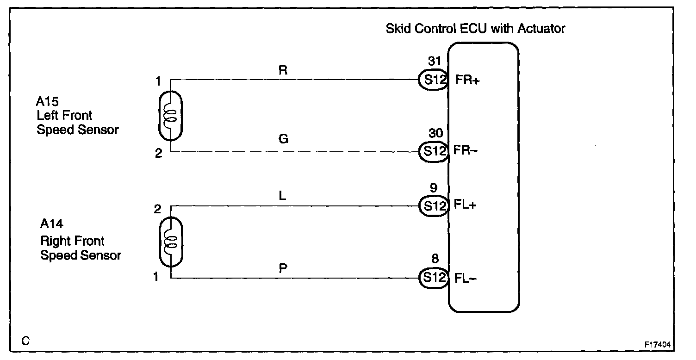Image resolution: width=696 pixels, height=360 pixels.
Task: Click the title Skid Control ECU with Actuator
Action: point(475,29)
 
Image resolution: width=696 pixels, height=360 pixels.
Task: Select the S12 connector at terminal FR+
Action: point(433,80)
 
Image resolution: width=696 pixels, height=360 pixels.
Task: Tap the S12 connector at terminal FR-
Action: point(433,151)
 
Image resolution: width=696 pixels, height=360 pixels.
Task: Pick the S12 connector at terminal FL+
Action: point(433,205)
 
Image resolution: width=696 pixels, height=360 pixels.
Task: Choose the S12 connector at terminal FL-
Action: point(433,278)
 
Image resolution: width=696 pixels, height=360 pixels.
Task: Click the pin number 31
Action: point(435,61)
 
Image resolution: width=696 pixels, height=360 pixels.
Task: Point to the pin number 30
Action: point(435,133)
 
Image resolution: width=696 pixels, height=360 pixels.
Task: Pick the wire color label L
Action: point(283,196)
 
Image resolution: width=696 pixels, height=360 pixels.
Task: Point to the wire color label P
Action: point(283,268)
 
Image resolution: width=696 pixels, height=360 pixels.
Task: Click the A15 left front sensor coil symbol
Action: point(170,116)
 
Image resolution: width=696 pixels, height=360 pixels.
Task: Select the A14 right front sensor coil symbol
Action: point(171,242)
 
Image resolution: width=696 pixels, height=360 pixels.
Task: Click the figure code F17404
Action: point(658,345)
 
